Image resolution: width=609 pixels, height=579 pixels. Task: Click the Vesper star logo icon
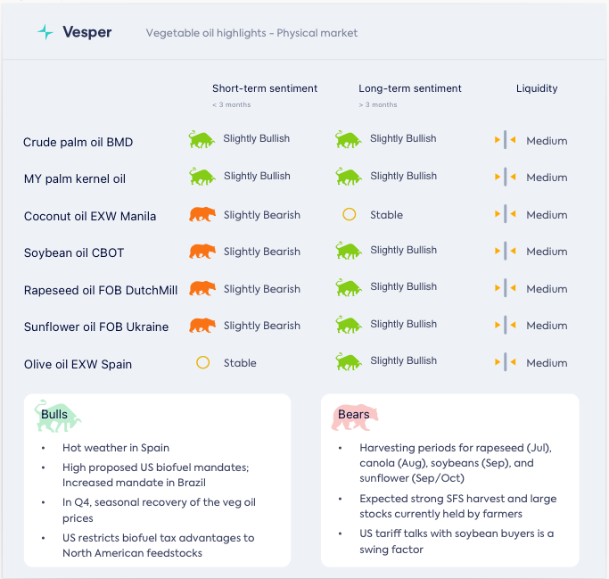pos(45,32)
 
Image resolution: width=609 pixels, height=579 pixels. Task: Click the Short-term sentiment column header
pos(265,88)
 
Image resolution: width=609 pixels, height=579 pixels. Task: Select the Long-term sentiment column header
pos(410,88)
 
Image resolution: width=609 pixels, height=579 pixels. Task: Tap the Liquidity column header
pos(537,88)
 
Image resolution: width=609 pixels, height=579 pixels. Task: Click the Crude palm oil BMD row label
pos(78,142)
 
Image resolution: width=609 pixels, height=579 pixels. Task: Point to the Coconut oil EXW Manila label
pos(90,216)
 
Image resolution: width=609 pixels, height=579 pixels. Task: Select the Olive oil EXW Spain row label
pos(78,364)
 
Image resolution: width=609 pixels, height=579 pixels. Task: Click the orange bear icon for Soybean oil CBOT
pos(202,252)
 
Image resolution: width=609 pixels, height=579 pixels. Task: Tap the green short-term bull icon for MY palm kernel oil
pos(202,177)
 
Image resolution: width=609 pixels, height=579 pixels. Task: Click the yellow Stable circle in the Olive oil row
pos(202,363)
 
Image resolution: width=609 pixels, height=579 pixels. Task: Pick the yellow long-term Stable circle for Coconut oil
pos(350,215)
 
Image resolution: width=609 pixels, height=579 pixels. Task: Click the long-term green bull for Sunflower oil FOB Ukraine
pos(349,325)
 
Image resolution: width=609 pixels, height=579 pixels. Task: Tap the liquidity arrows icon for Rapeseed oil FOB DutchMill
pos(506,288)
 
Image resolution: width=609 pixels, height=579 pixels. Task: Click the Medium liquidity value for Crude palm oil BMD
pos(547,141)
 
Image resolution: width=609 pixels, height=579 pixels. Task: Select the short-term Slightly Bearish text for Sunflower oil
pos(262,326)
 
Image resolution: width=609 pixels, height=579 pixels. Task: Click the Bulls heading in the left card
pos(54,415)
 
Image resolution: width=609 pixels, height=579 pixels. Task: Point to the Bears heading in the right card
pos(354,415)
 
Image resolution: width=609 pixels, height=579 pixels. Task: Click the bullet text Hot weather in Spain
pos(116,448)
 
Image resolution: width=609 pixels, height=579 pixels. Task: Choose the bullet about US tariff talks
pos(457,542)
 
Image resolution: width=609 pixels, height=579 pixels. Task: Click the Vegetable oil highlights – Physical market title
pos(251,33)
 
